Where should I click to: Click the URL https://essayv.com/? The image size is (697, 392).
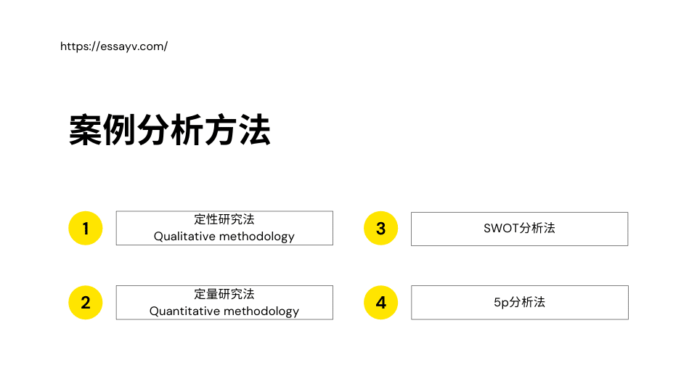pos(114,46)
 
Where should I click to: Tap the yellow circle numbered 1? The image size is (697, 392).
pos(86,229)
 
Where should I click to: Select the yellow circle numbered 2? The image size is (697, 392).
pos(86,302)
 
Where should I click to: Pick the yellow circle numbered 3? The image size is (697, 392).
pos(380,229)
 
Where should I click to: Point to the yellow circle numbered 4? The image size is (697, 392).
pos(380,302)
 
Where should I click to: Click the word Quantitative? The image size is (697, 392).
pos(184,311)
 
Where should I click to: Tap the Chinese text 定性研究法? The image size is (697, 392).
pos(224,219)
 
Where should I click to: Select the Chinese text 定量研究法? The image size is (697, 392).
pos(224,294)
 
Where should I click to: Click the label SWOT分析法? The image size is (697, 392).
pos(519,228)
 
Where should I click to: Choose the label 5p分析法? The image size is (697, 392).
pos(519,302)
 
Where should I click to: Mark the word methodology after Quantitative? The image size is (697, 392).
pos(261,311)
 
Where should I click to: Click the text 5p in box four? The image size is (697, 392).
pos(500,303)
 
